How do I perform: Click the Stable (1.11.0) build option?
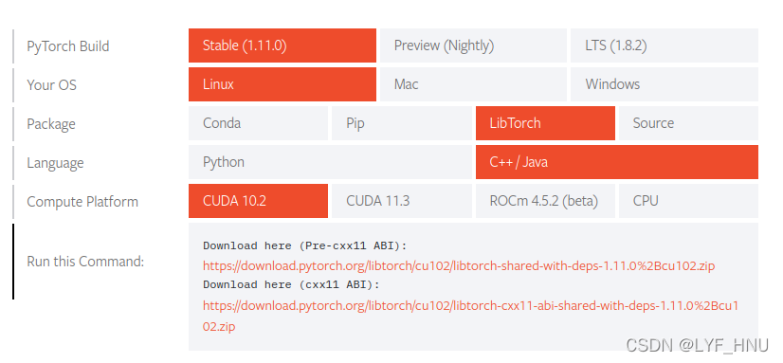[x=282, y=45]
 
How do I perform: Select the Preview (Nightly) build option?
[x=472, y=45]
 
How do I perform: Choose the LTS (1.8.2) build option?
[x=664, y=45]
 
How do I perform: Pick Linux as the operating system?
[x=282, y=84]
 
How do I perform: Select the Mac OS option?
[x=472, y=84]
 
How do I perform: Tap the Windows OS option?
[x=664, y=84]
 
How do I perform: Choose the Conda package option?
[x=259, y=123]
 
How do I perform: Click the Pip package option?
[x=402, y=123]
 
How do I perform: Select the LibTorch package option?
[x=545, y=123]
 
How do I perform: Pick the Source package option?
[x=688, y=123]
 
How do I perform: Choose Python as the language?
[x=330, y=162]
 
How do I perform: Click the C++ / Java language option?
[x=616, y=162]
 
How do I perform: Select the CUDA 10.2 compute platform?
[x=259, y=201]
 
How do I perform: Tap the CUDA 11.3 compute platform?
[x=402, y=201]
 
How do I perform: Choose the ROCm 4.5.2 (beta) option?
[x=545, y=201]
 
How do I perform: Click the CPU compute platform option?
[x=688, y=201]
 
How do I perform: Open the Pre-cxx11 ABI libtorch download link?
[x=459, y=266]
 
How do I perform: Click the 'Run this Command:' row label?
[x=85, y=262]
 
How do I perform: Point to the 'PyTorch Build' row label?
[x=68, y=45]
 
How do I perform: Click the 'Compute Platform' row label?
[x=82, y=201]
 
